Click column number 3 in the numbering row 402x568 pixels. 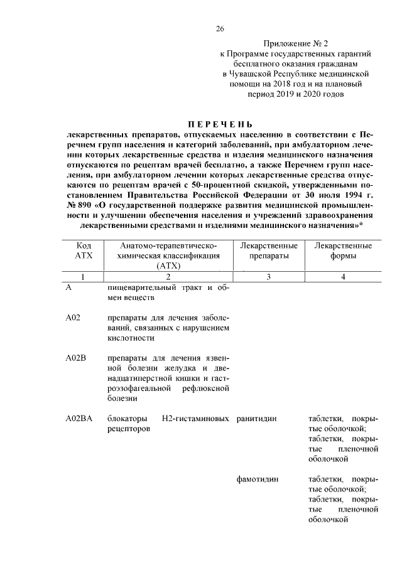[268, 277]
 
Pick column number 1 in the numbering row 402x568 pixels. [84, 277]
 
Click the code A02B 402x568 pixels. [76, 358]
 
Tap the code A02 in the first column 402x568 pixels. [73, 318]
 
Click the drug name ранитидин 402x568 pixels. [258, 418]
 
